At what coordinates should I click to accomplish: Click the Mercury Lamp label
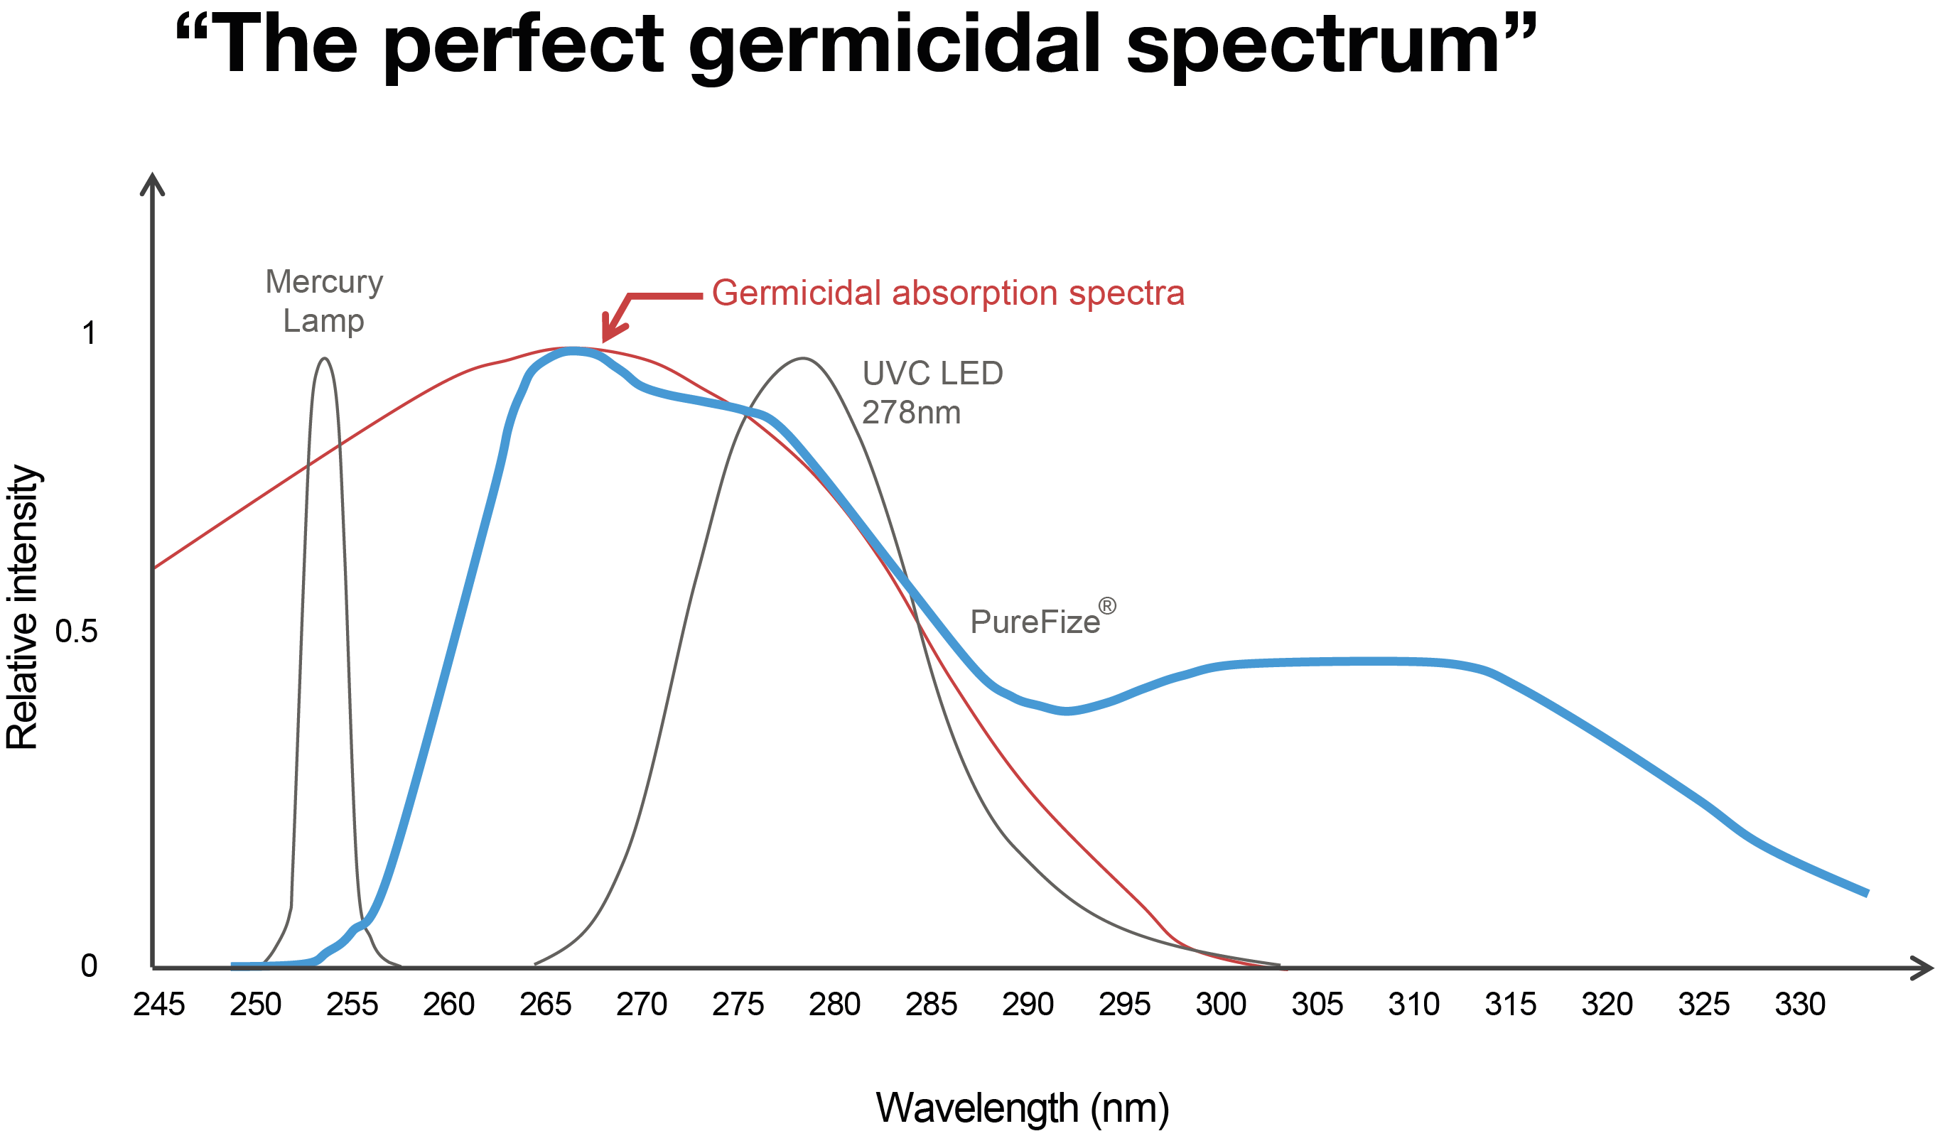coord(323,301)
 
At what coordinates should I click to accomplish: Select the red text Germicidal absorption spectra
coord(947,293)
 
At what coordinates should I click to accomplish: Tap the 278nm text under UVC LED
coord(911,413)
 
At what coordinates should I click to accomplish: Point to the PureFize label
coord(1035,622)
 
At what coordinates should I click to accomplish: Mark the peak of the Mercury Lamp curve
coord(325,359)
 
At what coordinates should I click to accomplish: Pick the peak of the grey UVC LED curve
coord(802,359)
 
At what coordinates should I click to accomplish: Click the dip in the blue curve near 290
coord(1067,710)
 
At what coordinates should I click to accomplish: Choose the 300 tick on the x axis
coord(1222,1003)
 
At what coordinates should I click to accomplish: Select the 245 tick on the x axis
coord(160,1003)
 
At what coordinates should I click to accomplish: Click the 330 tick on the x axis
coord(1801,1003)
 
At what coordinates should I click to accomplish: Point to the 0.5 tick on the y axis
coord(77,631)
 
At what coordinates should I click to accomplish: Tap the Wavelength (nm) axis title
coord(1023,1107)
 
